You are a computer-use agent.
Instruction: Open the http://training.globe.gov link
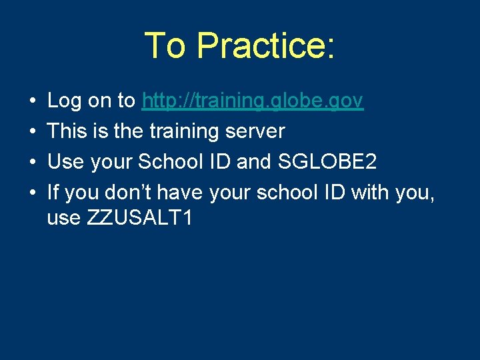253,101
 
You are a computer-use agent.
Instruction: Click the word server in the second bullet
255,132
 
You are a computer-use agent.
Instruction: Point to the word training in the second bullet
182,132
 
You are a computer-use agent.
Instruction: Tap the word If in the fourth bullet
53,193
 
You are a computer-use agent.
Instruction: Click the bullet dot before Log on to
33,102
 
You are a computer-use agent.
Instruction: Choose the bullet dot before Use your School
33,163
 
